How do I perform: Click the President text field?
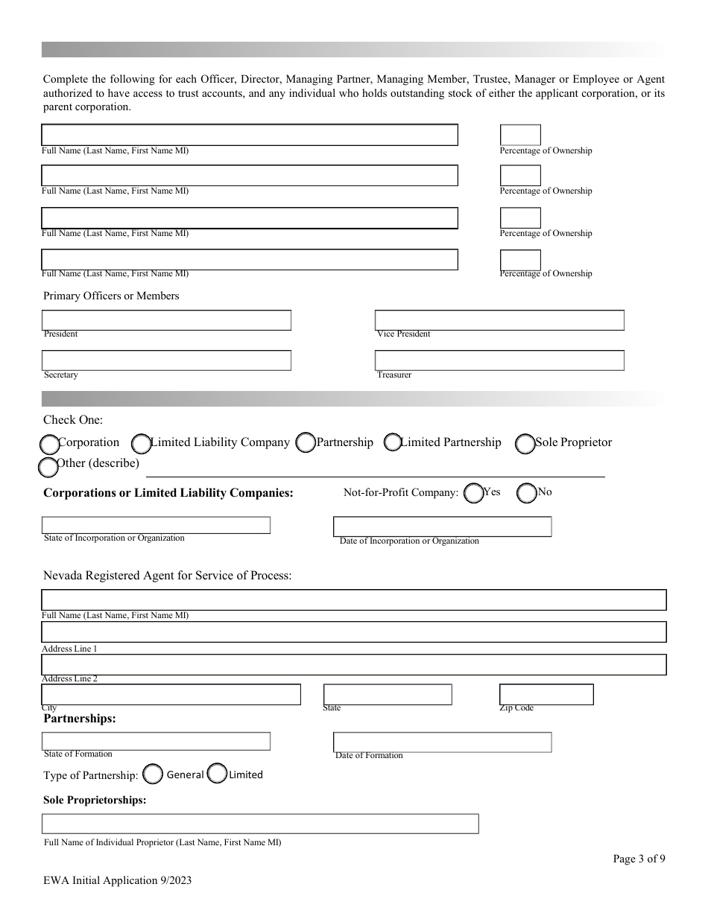point(166,320)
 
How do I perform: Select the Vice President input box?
point(499,320)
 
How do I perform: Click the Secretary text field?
point(166,360)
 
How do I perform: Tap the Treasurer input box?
point(499,360)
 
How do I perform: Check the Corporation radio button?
point(49,445)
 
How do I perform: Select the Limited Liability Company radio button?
point(142,444)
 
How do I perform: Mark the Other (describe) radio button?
point(48,467)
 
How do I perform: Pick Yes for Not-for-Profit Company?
point(473,493)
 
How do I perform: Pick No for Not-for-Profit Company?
point(527,493)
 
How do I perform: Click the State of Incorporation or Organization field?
point(156,525)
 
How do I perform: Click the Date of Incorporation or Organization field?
point(442,527)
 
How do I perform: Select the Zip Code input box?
point(546,694)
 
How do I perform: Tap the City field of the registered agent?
point(171,694)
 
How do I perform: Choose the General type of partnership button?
point(153,775)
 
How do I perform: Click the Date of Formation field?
point(442,742)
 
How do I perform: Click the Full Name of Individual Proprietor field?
point(260,824)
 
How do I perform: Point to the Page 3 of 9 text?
point(639,859)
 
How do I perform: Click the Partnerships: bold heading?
point(80,719)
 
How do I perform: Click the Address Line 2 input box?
point(354,664)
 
